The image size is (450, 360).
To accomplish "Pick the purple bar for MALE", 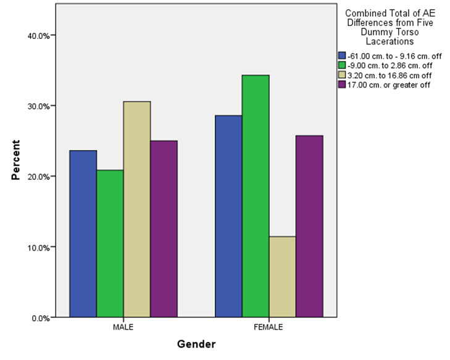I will tap(164, 228).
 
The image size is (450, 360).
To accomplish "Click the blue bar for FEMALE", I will tap(228, 216).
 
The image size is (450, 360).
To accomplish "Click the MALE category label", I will tap(123, 327).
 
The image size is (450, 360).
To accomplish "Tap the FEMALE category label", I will tap(269, 327).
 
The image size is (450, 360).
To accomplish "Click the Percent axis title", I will tap(16, 159).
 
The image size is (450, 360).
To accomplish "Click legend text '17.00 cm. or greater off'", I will tap(383, 84).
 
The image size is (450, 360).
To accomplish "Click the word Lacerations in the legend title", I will tap(387, 42).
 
